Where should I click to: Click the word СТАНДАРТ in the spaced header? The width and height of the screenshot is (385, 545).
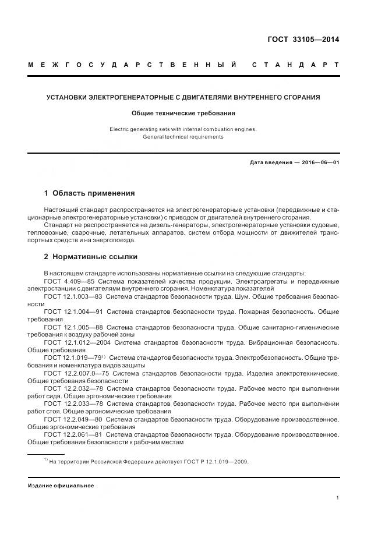[x=295, y=64]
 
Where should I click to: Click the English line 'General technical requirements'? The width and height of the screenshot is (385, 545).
[x=183, y=137]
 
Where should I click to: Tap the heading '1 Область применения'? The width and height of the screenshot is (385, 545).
[x=90, y=193]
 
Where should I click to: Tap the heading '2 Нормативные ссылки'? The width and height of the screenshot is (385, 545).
[x=91, y=256]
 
